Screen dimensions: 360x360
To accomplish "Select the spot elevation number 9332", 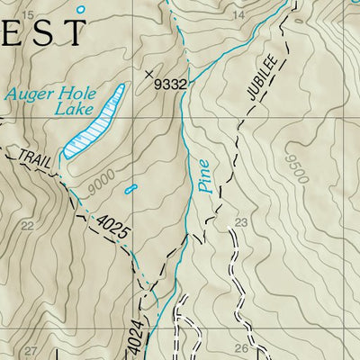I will click(x=170, y=84).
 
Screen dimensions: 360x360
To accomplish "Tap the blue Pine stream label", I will click(x=204, y=177).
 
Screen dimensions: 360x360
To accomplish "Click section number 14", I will click(x=238, y=16).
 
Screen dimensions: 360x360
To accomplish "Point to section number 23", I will click(x=240, y=222).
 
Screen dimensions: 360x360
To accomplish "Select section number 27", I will click(x=31, y=350).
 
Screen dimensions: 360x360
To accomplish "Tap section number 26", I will click(x=240, y=348).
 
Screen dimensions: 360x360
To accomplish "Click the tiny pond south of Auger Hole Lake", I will click(x=132, y=189).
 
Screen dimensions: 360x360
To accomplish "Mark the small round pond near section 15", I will click(x=81, y=9).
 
